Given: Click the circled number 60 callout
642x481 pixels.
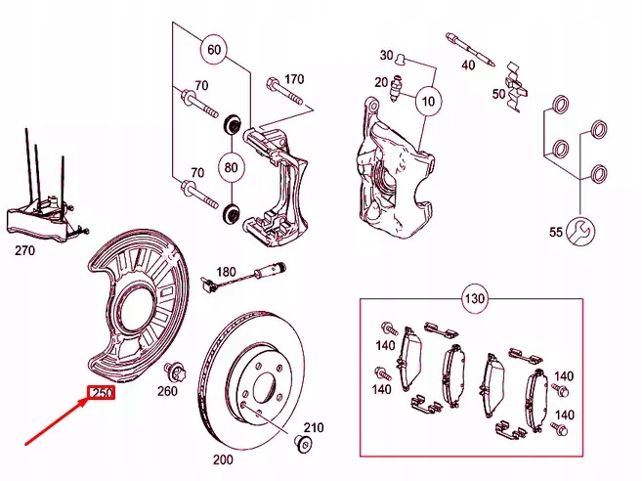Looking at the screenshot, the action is (214, 48).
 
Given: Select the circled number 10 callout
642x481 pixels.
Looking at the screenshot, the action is (427, 99).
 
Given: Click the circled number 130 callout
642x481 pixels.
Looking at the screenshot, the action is (474, 296).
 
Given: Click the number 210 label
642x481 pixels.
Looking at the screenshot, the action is (312, 428).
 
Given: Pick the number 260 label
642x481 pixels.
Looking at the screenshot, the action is (167, 391).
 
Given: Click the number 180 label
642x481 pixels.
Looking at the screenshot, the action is (227, 271).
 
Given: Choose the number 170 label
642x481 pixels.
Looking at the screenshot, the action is (293, 79).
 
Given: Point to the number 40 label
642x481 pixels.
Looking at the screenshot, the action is (468, 65).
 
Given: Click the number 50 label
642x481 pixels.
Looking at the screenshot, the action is (499, 94).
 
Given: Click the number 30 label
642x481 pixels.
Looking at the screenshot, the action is (386, 55).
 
